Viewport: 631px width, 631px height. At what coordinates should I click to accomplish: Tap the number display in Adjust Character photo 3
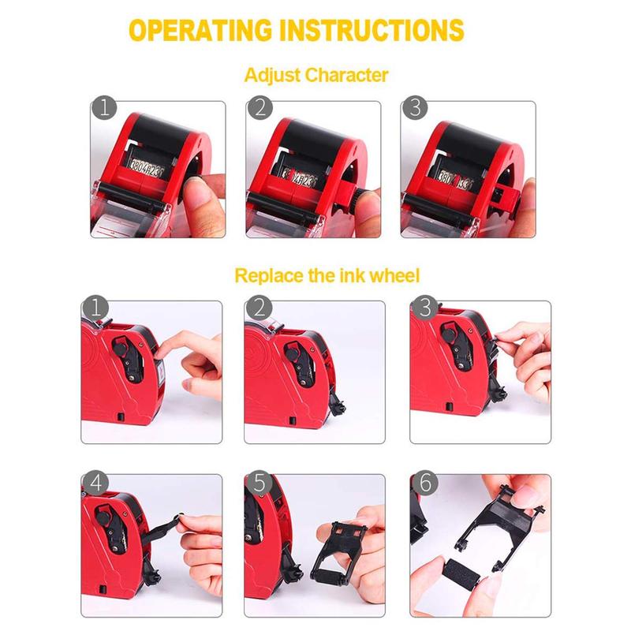point(455,175)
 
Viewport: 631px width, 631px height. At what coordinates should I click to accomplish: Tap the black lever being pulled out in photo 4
point(170,524)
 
